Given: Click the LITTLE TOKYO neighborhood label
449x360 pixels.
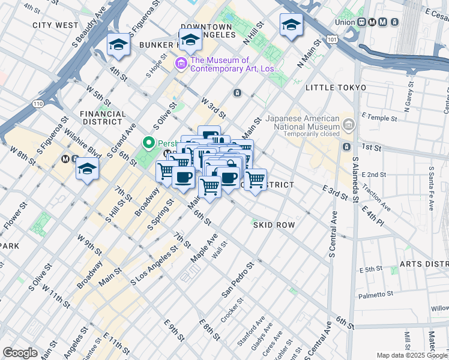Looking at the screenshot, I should [336, 88].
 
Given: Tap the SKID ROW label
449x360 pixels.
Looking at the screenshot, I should [274, 224].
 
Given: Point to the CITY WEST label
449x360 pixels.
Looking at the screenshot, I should [55, 25].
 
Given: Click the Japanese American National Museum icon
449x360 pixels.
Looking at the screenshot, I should [349, 125].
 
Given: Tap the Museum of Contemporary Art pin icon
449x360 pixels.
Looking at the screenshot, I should [181, 63].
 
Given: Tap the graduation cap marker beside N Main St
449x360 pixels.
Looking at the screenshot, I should [291, 25].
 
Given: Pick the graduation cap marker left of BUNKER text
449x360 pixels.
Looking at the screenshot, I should [118, 45].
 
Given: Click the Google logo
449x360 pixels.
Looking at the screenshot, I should [20, 352].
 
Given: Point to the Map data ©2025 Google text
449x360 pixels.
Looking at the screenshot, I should [412, 355].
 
